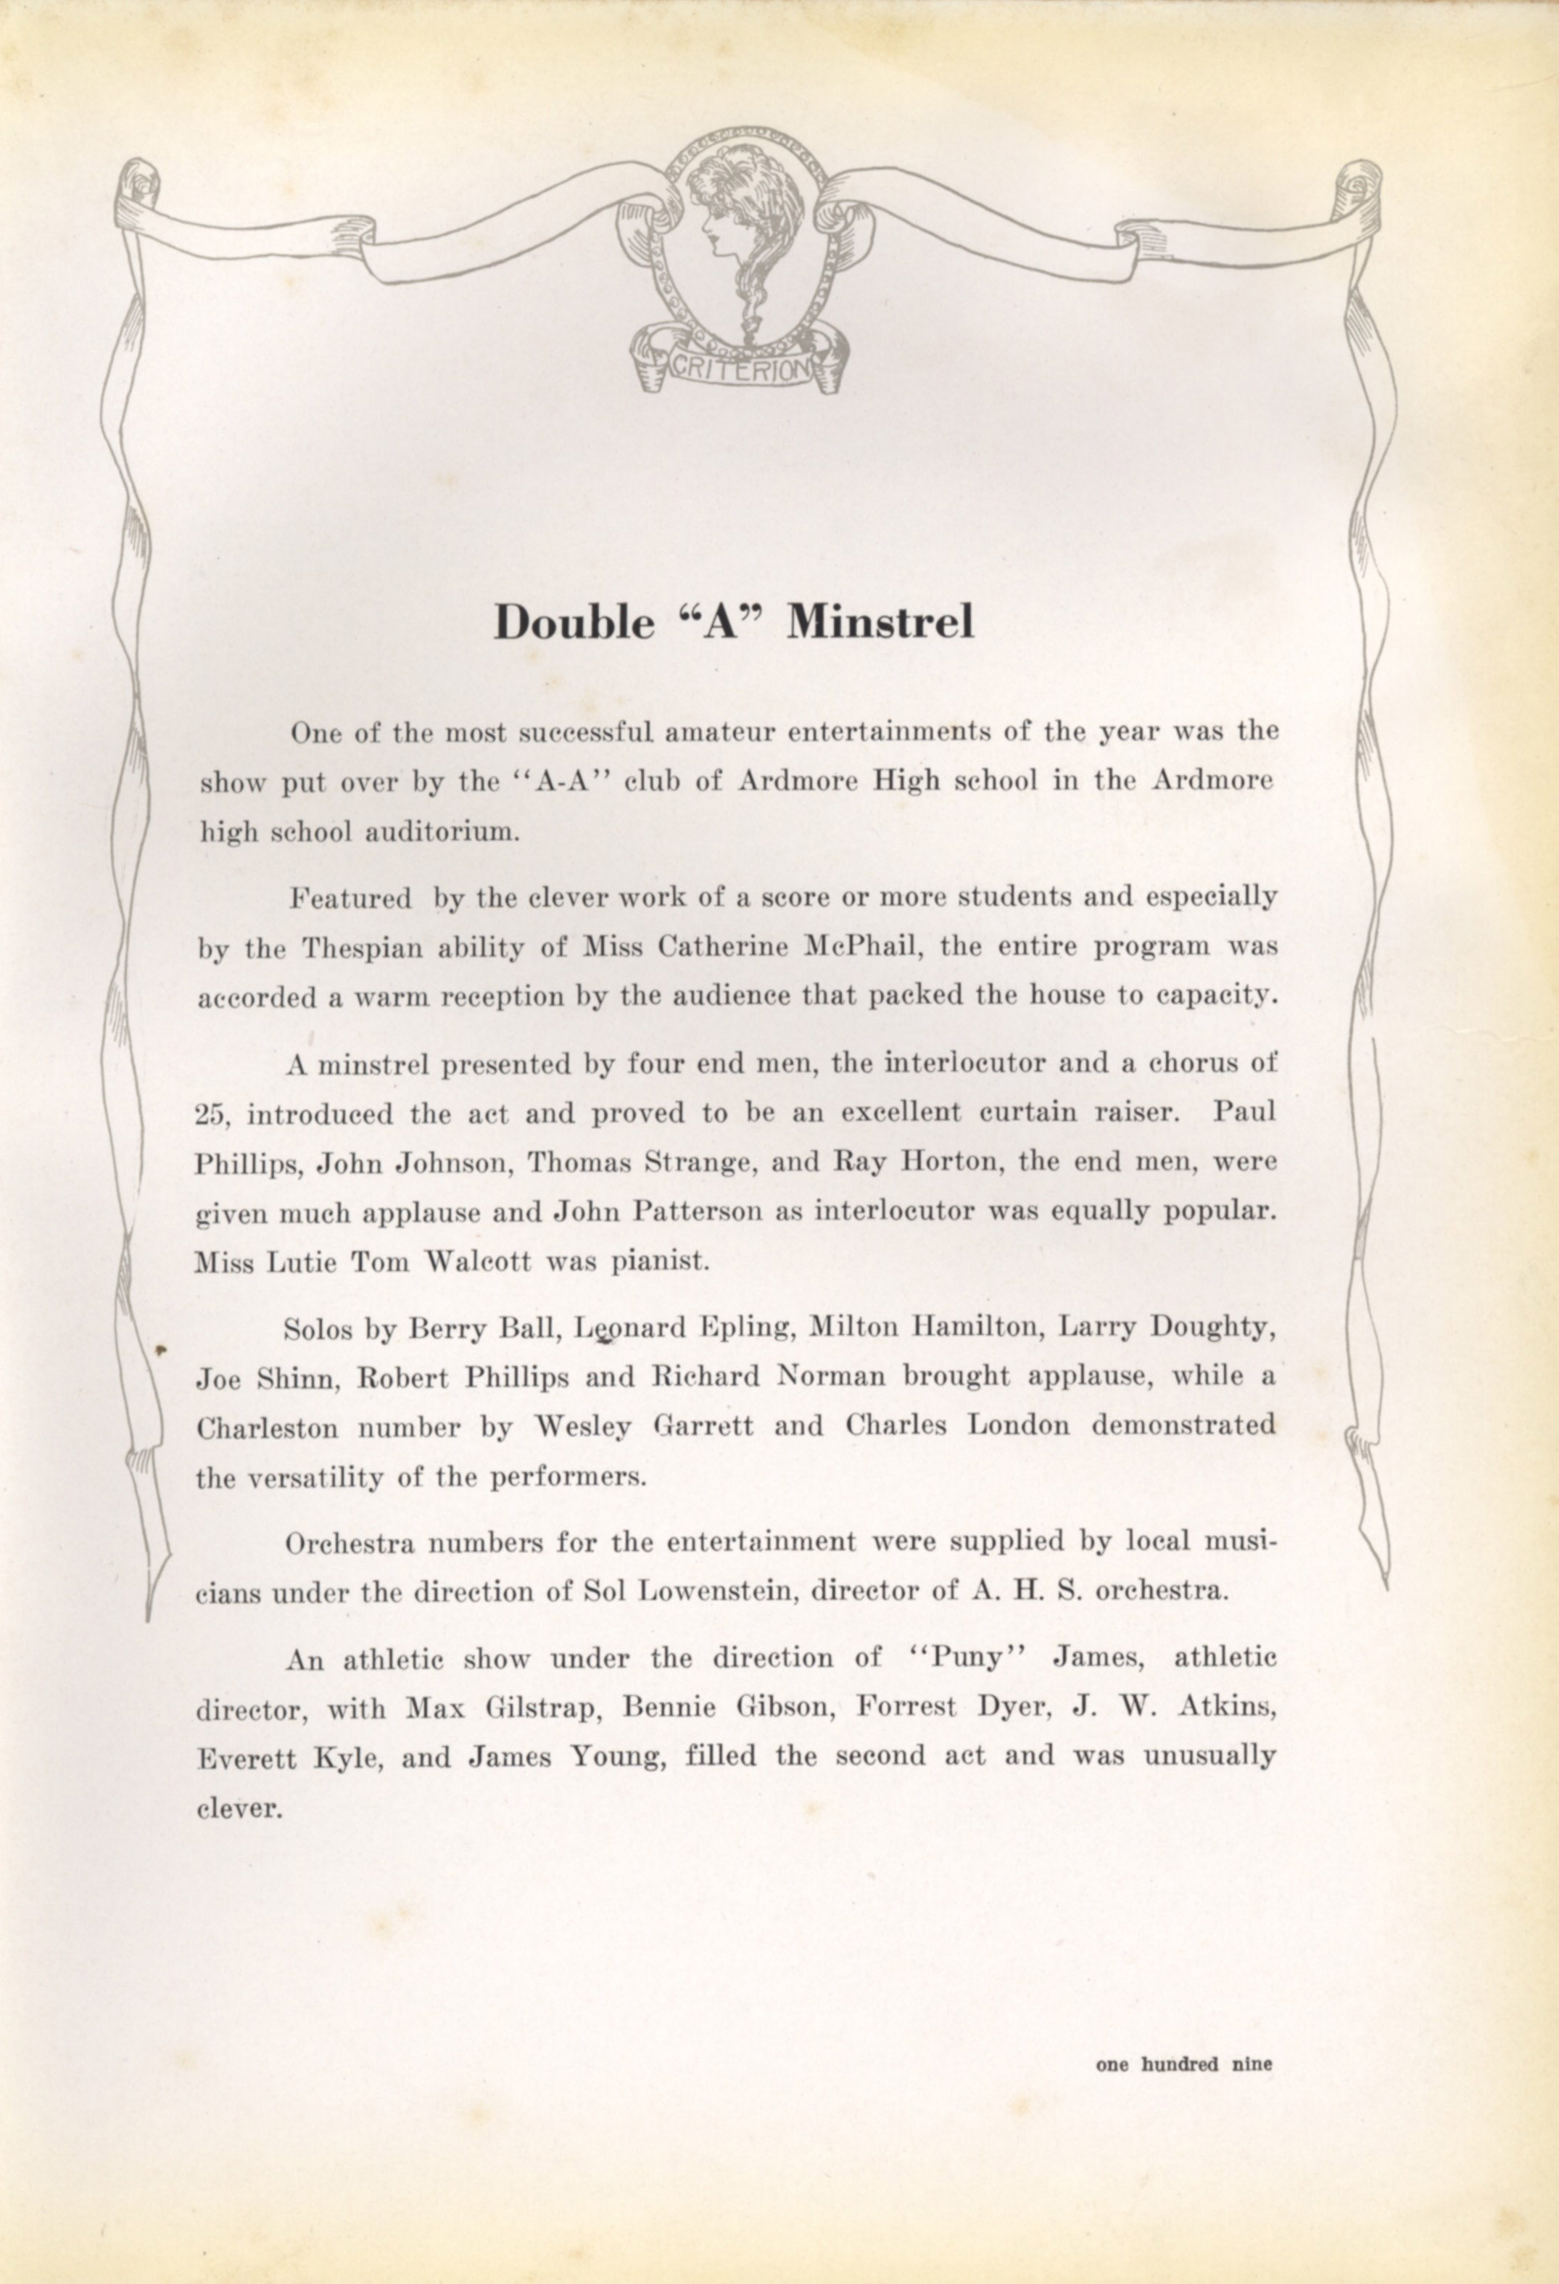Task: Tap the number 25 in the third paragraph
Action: coord(211,1114)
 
